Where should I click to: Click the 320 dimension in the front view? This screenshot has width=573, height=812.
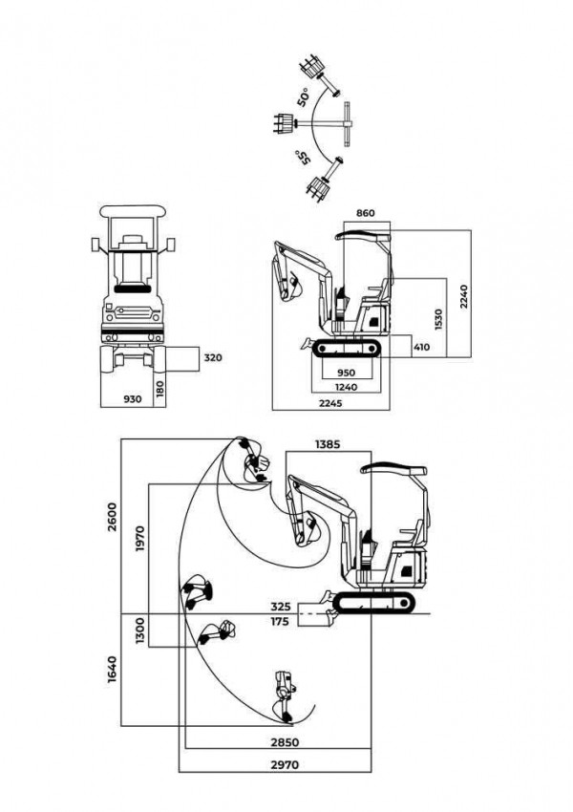(x=213, y=358)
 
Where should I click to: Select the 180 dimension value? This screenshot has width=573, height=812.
(x=160, y=390)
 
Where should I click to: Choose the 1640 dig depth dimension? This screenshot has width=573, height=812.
(x=114, y=668)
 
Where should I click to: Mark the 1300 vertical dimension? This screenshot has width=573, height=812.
(x=140, y=630)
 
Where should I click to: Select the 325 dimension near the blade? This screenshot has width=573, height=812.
(x=280, y=606)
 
